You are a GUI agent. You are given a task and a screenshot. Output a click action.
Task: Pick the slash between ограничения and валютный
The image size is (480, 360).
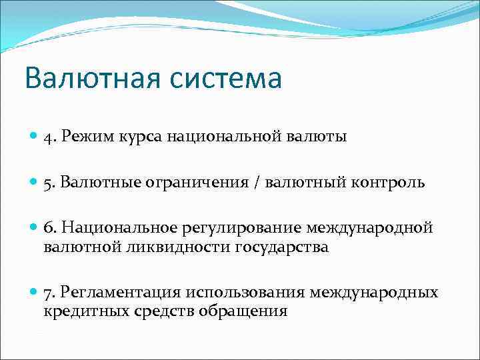click(256, 183)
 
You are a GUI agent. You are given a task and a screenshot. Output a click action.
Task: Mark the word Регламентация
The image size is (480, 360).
click(122, 293)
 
